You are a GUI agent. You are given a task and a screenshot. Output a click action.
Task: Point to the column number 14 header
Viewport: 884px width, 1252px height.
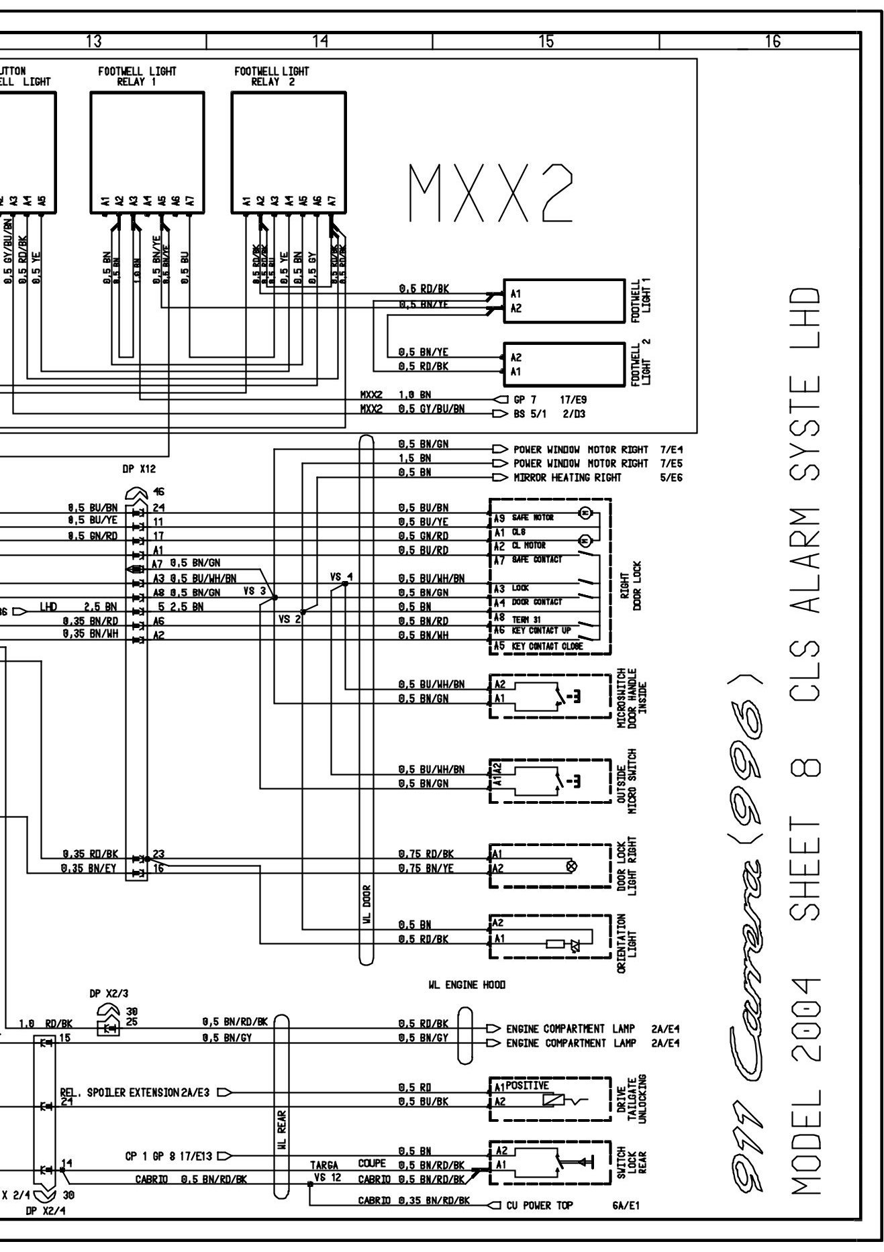click(x=320, y=42)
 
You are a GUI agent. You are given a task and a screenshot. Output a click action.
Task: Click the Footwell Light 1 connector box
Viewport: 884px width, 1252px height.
click(x=564, y=301)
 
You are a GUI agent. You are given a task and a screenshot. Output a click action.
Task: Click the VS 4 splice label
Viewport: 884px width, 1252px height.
click(x=341, y=576)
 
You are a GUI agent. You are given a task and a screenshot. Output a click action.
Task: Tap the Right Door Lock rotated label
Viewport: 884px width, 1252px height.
click(x=631, y=585)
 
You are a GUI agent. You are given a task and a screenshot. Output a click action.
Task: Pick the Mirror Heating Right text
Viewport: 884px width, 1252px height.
click(x=567, y=478)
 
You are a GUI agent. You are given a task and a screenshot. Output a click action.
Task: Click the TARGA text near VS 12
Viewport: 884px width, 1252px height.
click(x=324, y=1165)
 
